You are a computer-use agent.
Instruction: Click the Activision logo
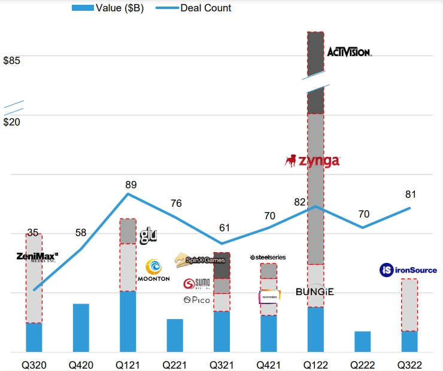349,52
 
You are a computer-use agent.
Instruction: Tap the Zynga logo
312,161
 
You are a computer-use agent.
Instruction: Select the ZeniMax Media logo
36,257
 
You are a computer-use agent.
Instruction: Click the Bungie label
315,292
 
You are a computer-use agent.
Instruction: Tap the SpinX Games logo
200,260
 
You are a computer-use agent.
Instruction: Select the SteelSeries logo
268,257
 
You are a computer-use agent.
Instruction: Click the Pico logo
196,299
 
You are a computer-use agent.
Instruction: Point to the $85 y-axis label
12,61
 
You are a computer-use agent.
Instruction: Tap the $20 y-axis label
12,122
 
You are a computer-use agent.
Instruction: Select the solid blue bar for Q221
175,335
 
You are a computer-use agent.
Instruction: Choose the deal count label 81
410,194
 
